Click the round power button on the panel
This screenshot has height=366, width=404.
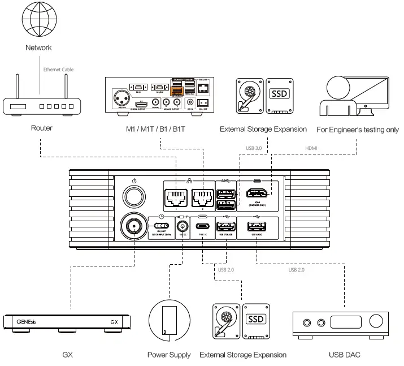coord(133,196)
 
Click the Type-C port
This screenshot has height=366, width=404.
coord(202,227)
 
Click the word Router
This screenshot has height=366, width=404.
coord(41,128)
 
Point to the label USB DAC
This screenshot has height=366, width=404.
coord(345,355)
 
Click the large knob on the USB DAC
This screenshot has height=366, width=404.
coord(376,322)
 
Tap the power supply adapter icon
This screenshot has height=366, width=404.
coord(168,322)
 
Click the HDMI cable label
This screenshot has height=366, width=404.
coord(312,149)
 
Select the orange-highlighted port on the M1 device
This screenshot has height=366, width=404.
coord(176,92)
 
